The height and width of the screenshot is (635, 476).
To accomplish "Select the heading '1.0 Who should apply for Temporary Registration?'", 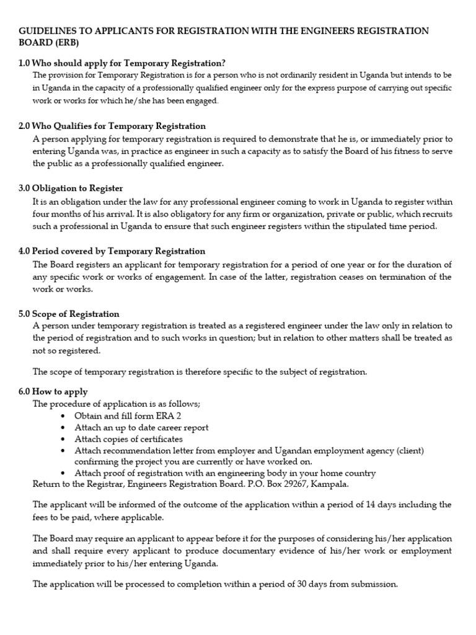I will click(x=122, y=63).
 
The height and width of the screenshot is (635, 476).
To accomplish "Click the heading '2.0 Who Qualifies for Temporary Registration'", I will click(x=112, y=126).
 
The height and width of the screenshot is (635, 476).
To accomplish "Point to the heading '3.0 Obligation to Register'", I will click(x=71, y=189).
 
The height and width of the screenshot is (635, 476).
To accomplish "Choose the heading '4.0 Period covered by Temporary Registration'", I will click(x=112, y=251).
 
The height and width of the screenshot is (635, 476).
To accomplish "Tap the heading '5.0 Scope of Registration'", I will click(x=69, y=314).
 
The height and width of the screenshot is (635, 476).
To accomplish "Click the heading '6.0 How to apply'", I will click(x=53, y=391).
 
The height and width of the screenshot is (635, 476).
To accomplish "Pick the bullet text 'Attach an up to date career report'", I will click(x=141, y=427).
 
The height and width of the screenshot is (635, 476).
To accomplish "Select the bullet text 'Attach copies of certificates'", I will click(x=130, y=438).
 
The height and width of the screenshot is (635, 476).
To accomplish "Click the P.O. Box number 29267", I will click(x=283, y=484).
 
